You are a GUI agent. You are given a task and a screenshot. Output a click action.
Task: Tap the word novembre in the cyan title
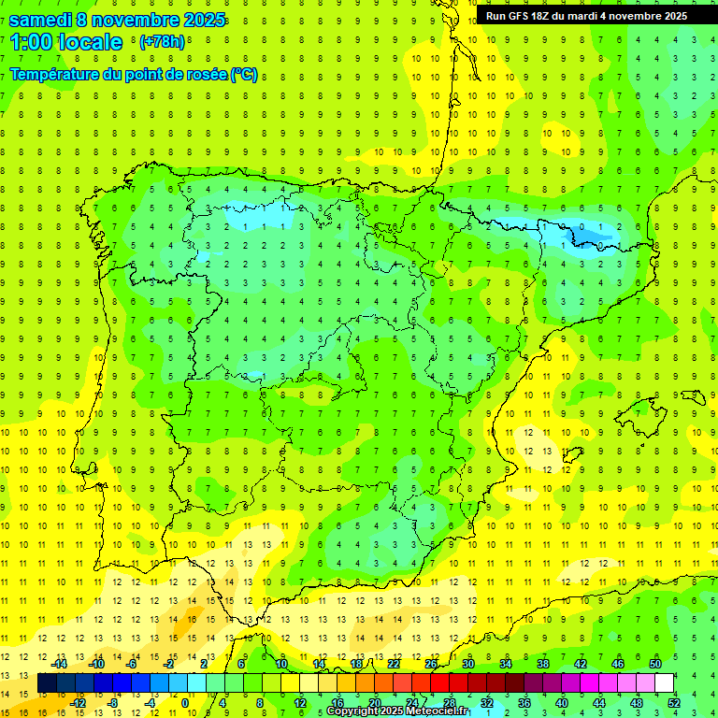[x=138, y=20]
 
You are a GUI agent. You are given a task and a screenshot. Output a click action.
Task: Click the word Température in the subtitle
[x=59, y=75]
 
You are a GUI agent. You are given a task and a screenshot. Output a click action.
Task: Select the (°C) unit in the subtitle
[x=244, y=75]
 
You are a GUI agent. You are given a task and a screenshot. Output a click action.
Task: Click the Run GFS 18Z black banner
[x=586, y=16]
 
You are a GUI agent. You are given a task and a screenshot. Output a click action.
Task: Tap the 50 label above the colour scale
[x=655, y=664]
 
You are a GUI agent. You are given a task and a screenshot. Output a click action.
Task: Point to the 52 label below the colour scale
[x=674, y=703]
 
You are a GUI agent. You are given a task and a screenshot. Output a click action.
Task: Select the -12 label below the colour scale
[x=78, y=703]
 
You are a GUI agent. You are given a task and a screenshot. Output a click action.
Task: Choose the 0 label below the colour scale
[x=185, y=703]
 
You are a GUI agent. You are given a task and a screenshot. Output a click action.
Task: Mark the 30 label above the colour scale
[x=468, y=664]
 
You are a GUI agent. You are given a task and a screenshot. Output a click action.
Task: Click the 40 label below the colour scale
[x=562, y=703]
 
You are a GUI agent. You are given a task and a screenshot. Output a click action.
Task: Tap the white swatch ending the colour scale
[x=665, y=683]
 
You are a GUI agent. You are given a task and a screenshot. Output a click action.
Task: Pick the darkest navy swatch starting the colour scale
[x=47, y=683]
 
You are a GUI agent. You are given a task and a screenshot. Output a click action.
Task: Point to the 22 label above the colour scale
[x=394, y=664]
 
